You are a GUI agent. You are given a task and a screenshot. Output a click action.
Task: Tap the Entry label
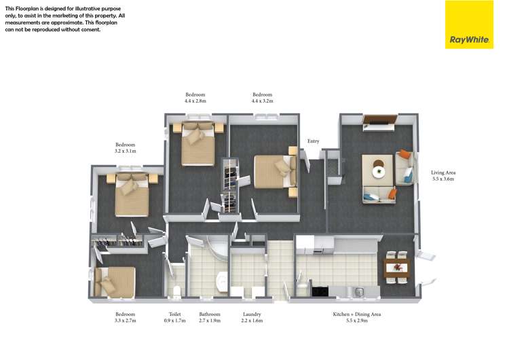(313, 141)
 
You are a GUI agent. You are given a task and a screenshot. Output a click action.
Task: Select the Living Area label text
(442, 173)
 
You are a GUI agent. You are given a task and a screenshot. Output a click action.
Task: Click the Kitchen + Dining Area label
(356, 314)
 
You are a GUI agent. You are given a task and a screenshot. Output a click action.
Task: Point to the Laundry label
(252, 314)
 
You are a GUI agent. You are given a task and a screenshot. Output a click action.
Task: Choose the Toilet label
(174, 314)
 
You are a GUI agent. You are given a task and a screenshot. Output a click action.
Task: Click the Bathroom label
(209, 314)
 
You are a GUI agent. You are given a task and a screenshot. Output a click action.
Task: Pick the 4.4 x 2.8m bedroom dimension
(195, 101)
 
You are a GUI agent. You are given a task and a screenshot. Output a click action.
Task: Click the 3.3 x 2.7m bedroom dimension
(126, 321)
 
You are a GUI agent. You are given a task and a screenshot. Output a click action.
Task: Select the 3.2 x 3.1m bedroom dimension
(126, 151)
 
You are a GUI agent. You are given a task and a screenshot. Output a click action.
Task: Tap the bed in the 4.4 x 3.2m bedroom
(273, 173)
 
